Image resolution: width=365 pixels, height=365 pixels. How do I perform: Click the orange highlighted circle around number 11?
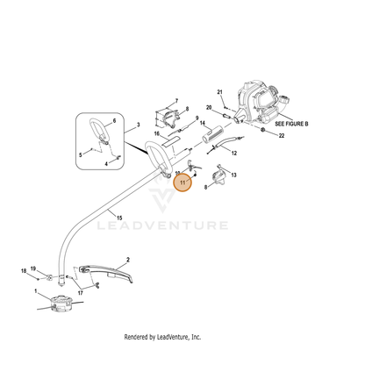[x=182, y=182]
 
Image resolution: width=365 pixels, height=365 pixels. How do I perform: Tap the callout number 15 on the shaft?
[x=119, y=218]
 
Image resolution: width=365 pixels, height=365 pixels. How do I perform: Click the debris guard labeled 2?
[x=107, y=273]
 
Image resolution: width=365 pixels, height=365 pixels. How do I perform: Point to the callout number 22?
[x=282, y=136]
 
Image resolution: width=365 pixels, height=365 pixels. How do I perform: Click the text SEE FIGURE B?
[x=291, y=124]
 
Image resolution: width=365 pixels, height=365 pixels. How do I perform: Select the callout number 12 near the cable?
[x=234, y=153]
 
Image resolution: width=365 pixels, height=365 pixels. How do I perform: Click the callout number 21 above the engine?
[x=219, y=92]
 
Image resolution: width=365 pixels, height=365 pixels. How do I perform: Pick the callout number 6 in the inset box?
[x=114, y=121]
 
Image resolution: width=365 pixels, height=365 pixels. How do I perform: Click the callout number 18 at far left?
[x=24, y=271]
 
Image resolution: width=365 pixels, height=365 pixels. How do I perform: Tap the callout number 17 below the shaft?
[x=80, y=293]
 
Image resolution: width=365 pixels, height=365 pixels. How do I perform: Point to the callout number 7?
[x=176, y=101]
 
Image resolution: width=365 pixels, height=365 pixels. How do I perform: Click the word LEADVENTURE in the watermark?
[x=162, y=225]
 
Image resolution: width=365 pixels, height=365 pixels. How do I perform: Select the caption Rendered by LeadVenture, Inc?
[x=162, y=337]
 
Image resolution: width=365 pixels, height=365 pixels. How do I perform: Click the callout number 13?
[x=233, y=175]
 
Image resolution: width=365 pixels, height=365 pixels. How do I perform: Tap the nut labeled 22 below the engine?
[x=262, y=130]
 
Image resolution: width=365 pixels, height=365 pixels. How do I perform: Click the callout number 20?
[x=209, y=108]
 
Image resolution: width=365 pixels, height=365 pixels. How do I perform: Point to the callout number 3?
[x=139, y=125]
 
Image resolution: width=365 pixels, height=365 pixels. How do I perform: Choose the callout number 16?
[x=157, y=133]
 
